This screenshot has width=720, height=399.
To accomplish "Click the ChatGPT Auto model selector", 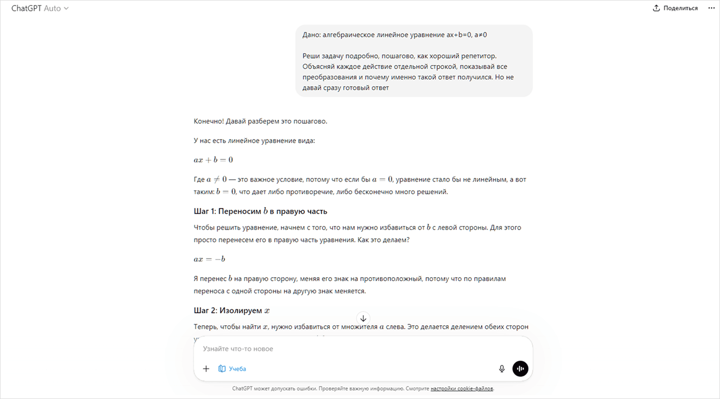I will pyautogui.click(x=40, y=8).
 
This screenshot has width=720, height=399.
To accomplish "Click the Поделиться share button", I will pyautogui.click(x=675, y=8).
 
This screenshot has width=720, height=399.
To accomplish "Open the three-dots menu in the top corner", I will pyautogui.click(x=711, y=8).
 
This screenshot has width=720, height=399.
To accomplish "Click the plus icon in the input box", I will pyautogui.click(x=206, y=368).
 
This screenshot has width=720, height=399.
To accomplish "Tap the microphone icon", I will pyautogui.click(x=502, y=368).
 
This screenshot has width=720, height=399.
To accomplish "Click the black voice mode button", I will pyautogui.click(x=520, y=368).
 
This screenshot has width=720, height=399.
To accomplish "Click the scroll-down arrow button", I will pyautogui.click(x=363, y=318).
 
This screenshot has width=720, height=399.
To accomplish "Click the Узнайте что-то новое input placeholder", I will pyautogui.click(x=238, y=349).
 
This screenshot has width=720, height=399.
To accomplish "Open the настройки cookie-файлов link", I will pyautogui.click(x=462, y=388).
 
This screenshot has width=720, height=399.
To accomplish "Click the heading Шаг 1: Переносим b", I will pyautogui.click(x=260, y=211).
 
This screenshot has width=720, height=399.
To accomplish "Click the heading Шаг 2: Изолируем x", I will pyautogui.click(x=231, y=310).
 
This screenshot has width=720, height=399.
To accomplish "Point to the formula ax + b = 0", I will pyautogui.click(x=213, y=160).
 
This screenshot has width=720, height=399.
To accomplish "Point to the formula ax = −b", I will pyautogui.click(x=209, y=259).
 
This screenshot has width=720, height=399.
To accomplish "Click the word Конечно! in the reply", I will pyautogui.click(x=209, y=121).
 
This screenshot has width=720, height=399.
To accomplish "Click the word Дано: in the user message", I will pyautogui.click(x=312, y=35).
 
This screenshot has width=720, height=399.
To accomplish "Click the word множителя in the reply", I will pyautogui.click(x=359, y=327).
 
